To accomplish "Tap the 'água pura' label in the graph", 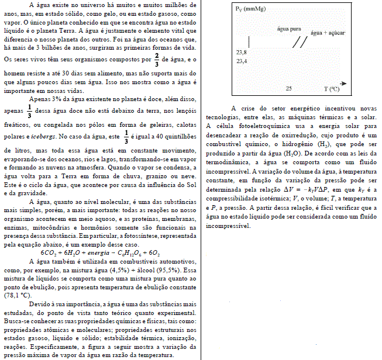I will tap(290, 29).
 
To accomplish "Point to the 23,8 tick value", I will tap(241, 53).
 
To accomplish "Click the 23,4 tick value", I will tap(241, 61).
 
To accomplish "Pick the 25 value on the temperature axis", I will tap(288, 88).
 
